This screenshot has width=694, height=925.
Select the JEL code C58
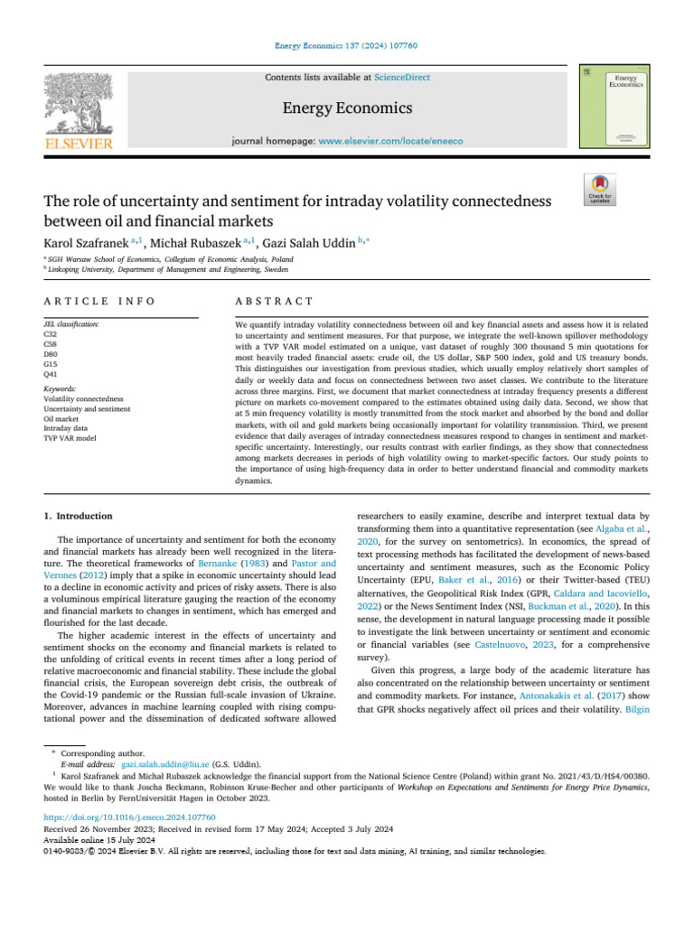pyautogui.click(x=50, y=343)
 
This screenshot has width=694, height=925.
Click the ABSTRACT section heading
pyautogui.click(x=273, y=301)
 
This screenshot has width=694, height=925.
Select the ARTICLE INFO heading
pyautogui.click(x=98, y=301)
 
